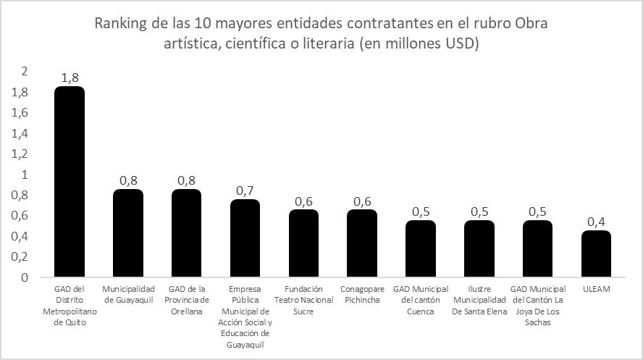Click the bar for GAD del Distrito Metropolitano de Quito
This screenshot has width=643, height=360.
point(70,182)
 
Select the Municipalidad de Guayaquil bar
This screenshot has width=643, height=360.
point(128,233)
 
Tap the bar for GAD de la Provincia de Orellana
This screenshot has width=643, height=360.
point(186,233)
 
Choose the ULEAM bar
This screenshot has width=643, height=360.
point(596,254)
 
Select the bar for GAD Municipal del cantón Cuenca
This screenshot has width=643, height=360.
point(421,248)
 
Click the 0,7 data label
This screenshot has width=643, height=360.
point(245,191)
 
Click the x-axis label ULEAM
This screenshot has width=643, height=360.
point(596,289)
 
